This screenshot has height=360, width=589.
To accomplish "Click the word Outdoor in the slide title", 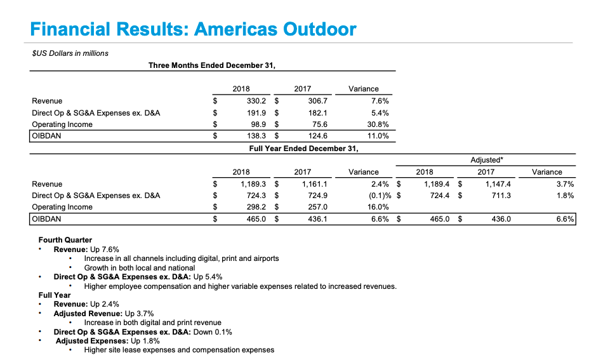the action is pyautogui.click(x=319, y=29).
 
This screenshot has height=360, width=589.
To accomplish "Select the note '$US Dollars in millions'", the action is pyautogui.click(x=70, y=53).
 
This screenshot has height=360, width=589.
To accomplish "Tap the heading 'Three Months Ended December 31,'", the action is pyautogui.click(x=212, y=65).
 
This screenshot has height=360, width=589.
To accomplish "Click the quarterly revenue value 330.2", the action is pyautogui.click(x=256, y=101).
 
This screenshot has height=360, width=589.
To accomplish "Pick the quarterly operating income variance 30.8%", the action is pyautogui.click(x=378, y=124).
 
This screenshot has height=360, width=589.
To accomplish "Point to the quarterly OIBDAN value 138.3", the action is pyautogui.click(x=256, y=136).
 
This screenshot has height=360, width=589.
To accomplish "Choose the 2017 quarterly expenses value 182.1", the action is pyautogui.click(x=318, y=113).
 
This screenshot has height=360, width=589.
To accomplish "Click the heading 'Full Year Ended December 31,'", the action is pyautogui.click(x=303, y=149).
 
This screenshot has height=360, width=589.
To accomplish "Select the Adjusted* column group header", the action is pyautogui.click(x=487, y=160).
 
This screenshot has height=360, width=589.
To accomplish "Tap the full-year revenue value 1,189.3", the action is pyautogui.click(x=253, y=184).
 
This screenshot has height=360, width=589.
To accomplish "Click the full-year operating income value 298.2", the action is pyautogui.click(x=256, y=207).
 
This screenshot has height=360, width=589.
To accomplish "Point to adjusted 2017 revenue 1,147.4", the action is pyautogui.click(x=498, y=184).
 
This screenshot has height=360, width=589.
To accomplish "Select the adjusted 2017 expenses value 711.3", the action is pyautogui.click(x=501, y=196).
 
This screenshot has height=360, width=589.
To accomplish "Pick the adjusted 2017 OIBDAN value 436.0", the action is pyautogui.click(x=501, y=219).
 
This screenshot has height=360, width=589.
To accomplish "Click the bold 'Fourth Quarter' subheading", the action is pyautogui.click(x=65, y=240).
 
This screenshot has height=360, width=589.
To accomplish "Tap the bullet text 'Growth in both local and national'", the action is pyautogui.click(x=140, y=268).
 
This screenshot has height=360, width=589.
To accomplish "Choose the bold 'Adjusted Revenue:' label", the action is pyautogui.click(x=88, y=314).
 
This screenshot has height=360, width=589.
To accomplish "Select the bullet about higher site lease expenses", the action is pyautogui.click(x=179, y=350).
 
